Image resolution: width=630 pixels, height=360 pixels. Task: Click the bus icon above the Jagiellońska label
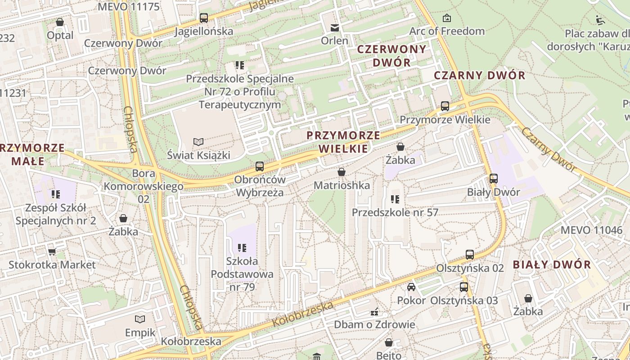[204, 18]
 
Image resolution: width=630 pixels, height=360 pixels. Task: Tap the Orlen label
[334, 40]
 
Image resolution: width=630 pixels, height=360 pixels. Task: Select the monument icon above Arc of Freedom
[446, 18]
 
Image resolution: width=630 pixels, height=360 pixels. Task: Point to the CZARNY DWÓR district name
[479, 75]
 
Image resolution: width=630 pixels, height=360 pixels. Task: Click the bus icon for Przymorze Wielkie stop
[445, 106]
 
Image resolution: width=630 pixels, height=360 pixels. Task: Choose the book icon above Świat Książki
[198, 142]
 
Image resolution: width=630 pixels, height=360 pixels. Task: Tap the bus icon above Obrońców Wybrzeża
[260, 166]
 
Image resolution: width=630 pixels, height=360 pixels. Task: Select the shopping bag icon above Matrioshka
[342, 172]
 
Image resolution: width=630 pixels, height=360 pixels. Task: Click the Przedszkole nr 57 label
[395, 212]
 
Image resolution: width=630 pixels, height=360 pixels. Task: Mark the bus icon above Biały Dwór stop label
[493, 178]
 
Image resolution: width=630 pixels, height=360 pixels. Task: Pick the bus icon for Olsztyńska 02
[470, 254]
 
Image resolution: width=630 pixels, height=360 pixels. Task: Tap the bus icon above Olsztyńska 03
[464, 287]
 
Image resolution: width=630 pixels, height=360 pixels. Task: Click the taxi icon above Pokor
[411, 287]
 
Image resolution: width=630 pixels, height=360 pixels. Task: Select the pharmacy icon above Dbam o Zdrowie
[374, 311]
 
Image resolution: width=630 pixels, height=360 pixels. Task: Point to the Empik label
[140, 333]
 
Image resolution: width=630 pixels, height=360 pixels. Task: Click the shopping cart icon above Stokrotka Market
[52, 252]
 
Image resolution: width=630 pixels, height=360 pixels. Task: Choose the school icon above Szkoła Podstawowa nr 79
[242, 247]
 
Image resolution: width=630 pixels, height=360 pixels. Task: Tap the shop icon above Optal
[60, 22]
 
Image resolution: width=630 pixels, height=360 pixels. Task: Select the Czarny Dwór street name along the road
[549, 149]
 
